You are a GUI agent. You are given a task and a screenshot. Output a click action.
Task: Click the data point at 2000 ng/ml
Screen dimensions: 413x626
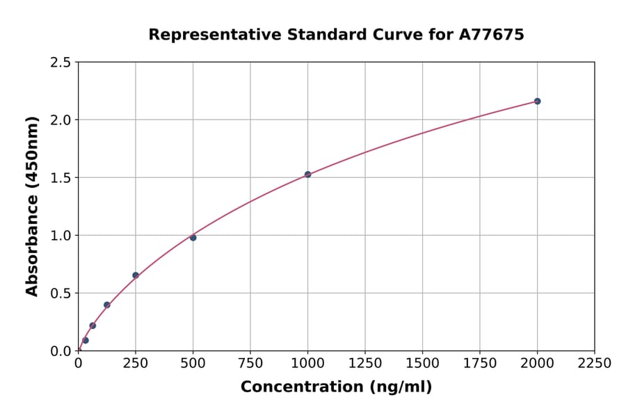tap(537, 102)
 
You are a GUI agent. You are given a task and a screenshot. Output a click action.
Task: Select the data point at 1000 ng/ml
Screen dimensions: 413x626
tap(307, 175)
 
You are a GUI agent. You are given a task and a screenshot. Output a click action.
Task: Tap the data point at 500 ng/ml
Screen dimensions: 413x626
tap(193, 238)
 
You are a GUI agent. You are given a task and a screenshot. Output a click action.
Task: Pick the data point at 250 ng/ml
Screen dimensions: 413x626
tap(136, 275)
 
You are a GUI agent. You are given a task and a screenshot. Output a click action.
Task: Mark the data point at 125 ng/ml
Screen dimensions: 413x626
tap(107, 305)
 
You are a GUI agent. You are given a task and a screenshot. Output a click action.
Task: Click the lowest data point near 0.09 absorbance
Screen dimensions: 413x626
tap(86, 341)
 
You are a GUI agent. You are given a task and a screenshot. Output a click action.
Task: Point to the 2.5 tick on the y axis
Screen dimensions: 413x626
tap(61, 63)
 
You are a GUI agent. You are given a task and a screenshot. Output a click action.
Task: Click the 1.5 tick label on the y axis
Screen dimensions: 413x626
tap(61, 178)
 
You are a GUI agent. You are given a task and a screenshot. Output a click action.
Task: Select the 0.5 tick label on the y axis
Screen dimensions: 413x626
tap(61, 293)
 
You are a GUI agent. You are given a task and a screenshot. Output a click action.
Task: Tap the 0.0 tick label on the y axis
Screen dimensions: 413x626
tap(61, 351)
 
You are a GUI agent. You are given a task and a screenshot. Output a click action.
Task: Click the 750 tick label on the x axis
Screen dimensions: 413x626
tap(250, 364)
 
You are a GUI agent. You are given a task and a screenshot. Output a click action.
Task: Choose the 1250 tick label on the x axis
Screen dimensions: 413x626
tap(365, 364)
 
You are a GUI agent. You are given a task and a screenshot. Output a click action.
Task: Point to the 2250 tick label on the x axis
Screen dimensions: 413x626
tap(595, 364)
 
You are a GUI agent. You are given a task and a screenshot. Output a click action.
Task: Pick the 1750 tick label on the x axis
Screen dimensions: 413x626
tap(480, 364)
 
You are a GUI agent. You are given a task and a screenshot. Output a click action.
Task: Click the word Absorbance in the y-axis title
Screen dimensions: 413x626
tap(32, 245)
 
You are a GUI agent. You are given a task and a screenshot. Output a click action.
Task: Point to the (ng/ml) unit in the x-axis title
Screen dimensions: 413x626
tap(400, 387)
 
